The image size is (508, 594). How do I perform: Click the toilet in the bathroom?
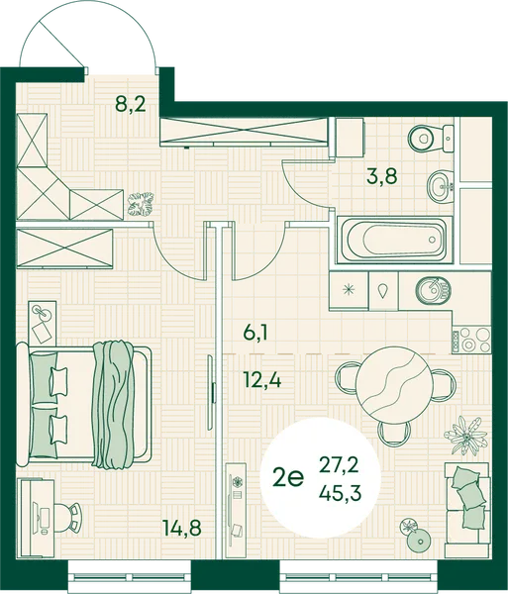(431, 139)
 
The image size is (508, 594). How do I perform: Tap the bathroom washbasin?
(441, 187)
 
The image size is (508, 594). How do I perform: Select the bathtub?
(395, 240)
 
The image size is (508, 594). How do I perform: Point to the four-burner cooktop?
(471, 339)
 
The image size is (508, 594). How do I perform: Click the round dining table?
(394, 385)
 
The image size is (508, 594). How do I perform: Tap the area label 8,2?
(131, 103)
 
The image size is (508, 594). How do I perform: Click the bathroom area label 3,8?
(381, 176)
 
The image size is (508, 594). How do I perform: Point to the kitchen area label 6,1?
(255, 334)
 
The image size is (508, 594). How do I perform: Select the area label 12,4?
(262, 380)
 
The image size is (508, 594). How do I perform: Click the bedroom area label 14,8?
(182, 528)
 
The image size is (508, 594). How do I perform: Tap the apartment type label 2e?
(288, 479)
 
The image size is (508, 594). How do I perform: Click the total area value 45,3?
(339, 493)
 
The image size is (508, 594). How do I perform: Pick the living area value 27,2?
(339, 466)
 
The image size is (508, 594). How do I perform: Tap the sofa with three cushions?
(466, 504)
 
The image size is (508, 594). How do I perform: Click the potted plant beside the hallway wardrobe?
(142, 205)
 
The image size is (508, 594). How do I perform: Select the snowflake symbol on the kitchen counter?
(349, 289)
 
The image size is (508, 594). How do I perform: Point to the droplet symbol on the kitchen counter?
(383, 290)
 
